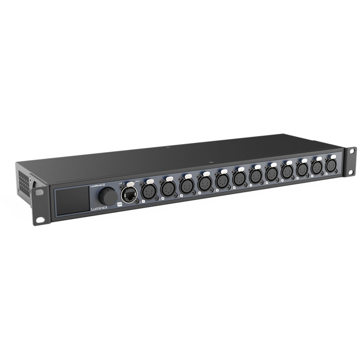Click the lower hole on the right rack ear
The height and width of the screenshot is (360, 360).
[351, 173]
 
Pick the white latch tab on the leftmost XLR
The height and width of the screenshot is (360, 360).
[150, 181]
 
